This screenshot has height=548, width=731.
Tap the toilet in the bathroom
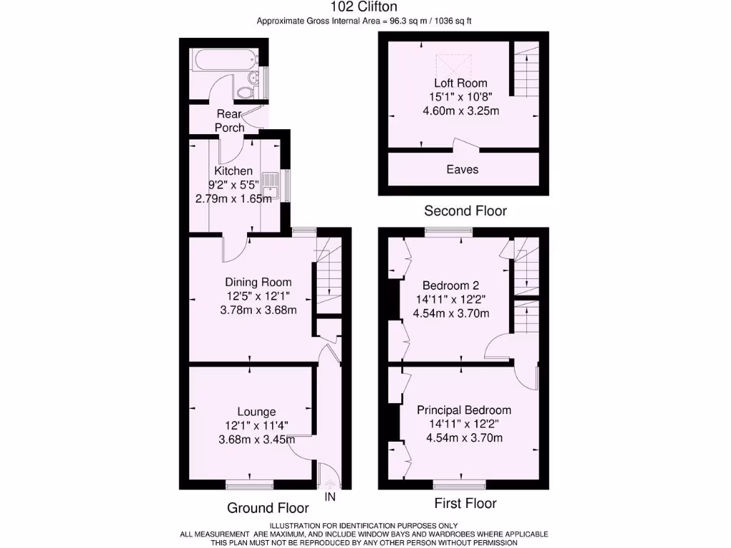(246, 91)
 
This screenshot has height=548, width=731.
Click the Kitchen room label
(233, 171)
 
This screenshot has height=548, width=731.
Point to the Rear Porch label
(229, 121)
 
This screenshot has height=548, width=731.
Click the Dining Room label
(258, 283)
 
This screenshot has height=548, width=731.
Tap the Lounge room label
(256, 412)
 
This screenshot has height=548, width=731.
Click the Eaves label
(463, 170)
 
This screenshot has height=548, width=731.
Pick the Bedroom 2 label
(453, 285)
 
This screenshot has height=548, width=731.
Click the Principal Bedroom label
(464, 410)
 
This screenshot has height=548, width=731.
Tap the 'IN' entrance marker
(330, 496)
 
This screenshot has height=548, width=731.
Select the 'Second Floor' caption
(465, 211)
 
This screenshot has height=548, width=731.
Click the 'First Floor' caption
(465, 504)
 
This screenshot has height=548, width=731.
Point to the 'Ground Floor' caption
(268, 508)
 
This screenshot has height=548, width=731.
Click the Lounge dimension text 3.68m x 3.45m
(256, 440)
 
